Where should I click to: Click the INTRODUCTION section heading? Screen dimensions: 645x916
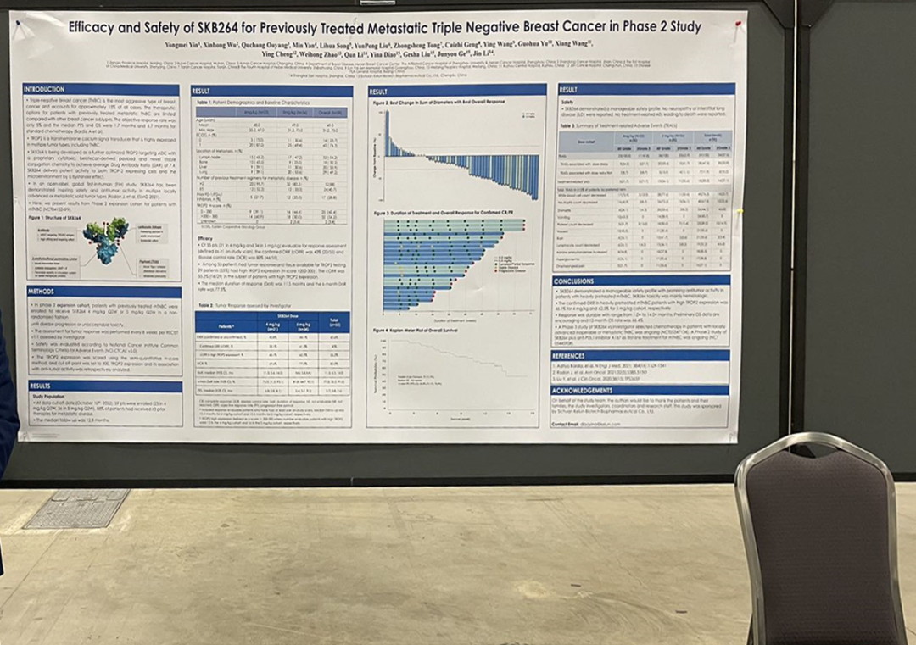point(43,89)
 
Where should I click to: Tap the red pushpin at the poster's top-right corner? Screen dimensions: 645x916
point(739,25)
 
